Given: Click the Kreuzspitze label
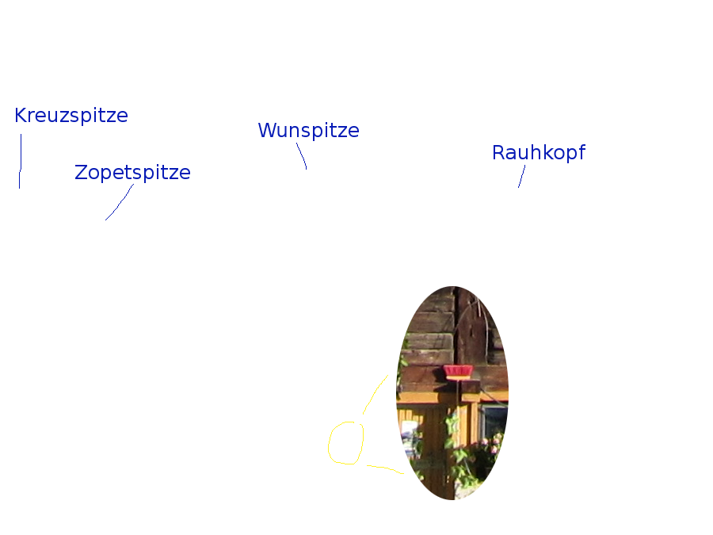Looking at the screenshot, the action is pos(71,116).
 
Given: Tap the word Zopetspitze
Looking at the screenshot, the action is pos(132,173).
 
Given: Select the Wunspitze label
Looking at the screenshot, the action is pos(309,131).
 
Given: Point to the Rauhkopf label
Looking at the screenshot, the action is pos(539,152).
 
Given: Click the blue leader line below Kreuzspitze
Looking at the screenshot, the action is pos(21,162).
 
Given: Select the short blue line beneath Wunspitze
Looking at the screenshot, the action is pos(302,156).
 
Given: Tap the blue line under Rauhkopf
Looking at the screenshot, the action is pos(521,177).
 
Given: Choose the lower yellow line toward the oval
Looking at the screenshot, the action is pos(386,468).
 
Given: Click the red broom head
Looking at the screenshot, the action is pos(458,373).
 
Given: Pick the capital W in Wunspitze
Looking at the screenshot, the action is pos(268,130).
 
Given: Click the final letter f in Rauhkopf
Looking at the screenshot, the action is pos(581,152).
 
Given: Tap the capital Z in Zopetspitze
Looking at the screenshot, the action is pos(81,173).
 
